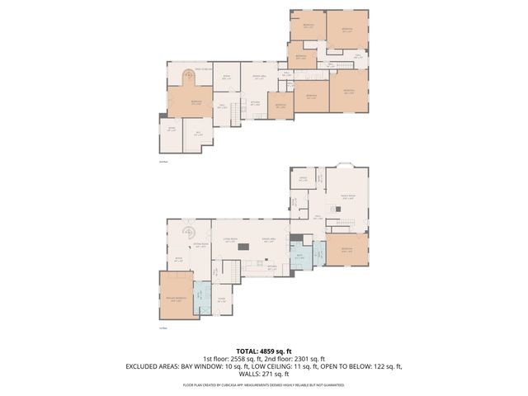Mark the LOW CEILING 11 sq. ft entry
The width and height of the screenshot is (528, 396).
[x=274, y=366]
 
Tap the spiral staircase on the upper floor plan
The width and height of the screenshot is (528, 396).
[x=187, y=78]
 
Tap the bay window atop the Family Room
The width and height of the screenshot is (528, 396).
[x=346, y=164]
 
